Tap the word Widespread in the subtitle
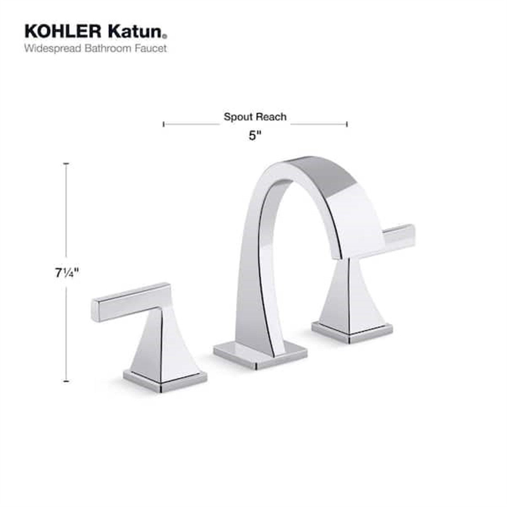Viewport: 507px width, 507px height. coord(53,48)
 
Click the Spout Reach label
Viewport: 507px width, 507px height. coord(255,117)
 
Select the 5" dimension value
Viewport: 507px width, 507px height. coord(255,136)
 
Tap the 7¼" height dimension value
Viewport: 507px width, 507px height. coord(66,273)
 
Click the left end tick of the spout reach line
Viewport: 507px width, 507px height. coord(164,124)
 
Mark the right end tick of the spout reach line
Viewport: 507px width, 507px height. coord(347,124)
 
